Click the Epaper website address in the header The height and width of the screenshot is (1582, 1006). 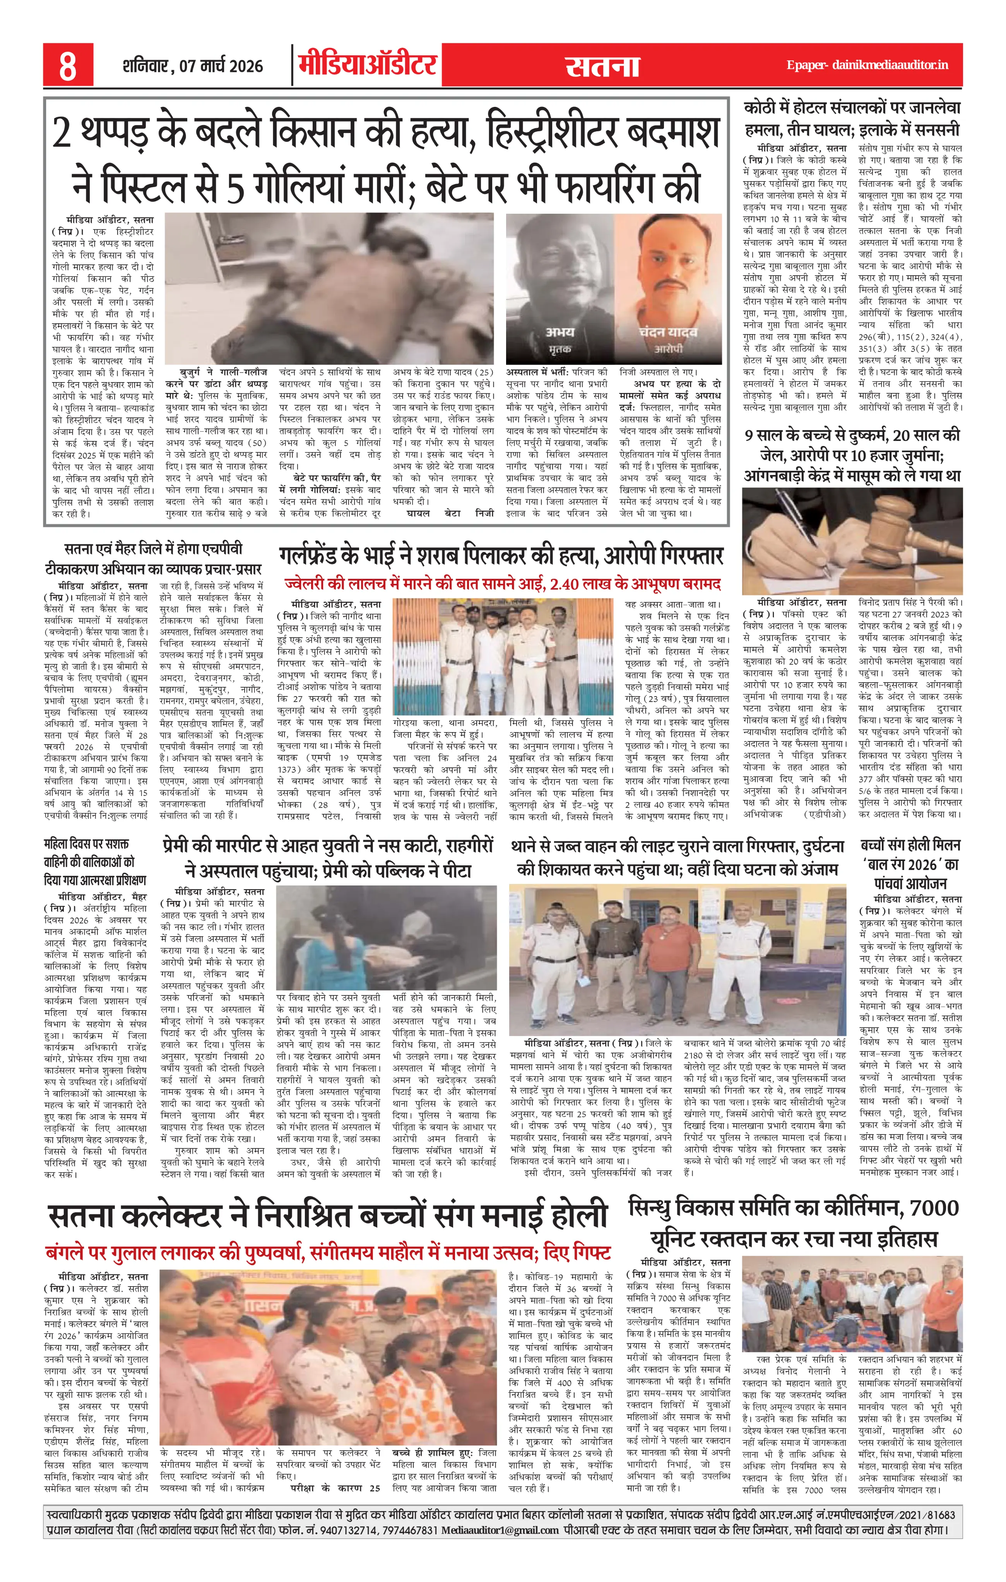pyautogui.click(x=867, y=65)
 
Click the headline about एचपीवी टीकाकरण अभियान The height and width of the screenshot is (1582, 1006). pyautogui.click(x=153, y=558)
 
